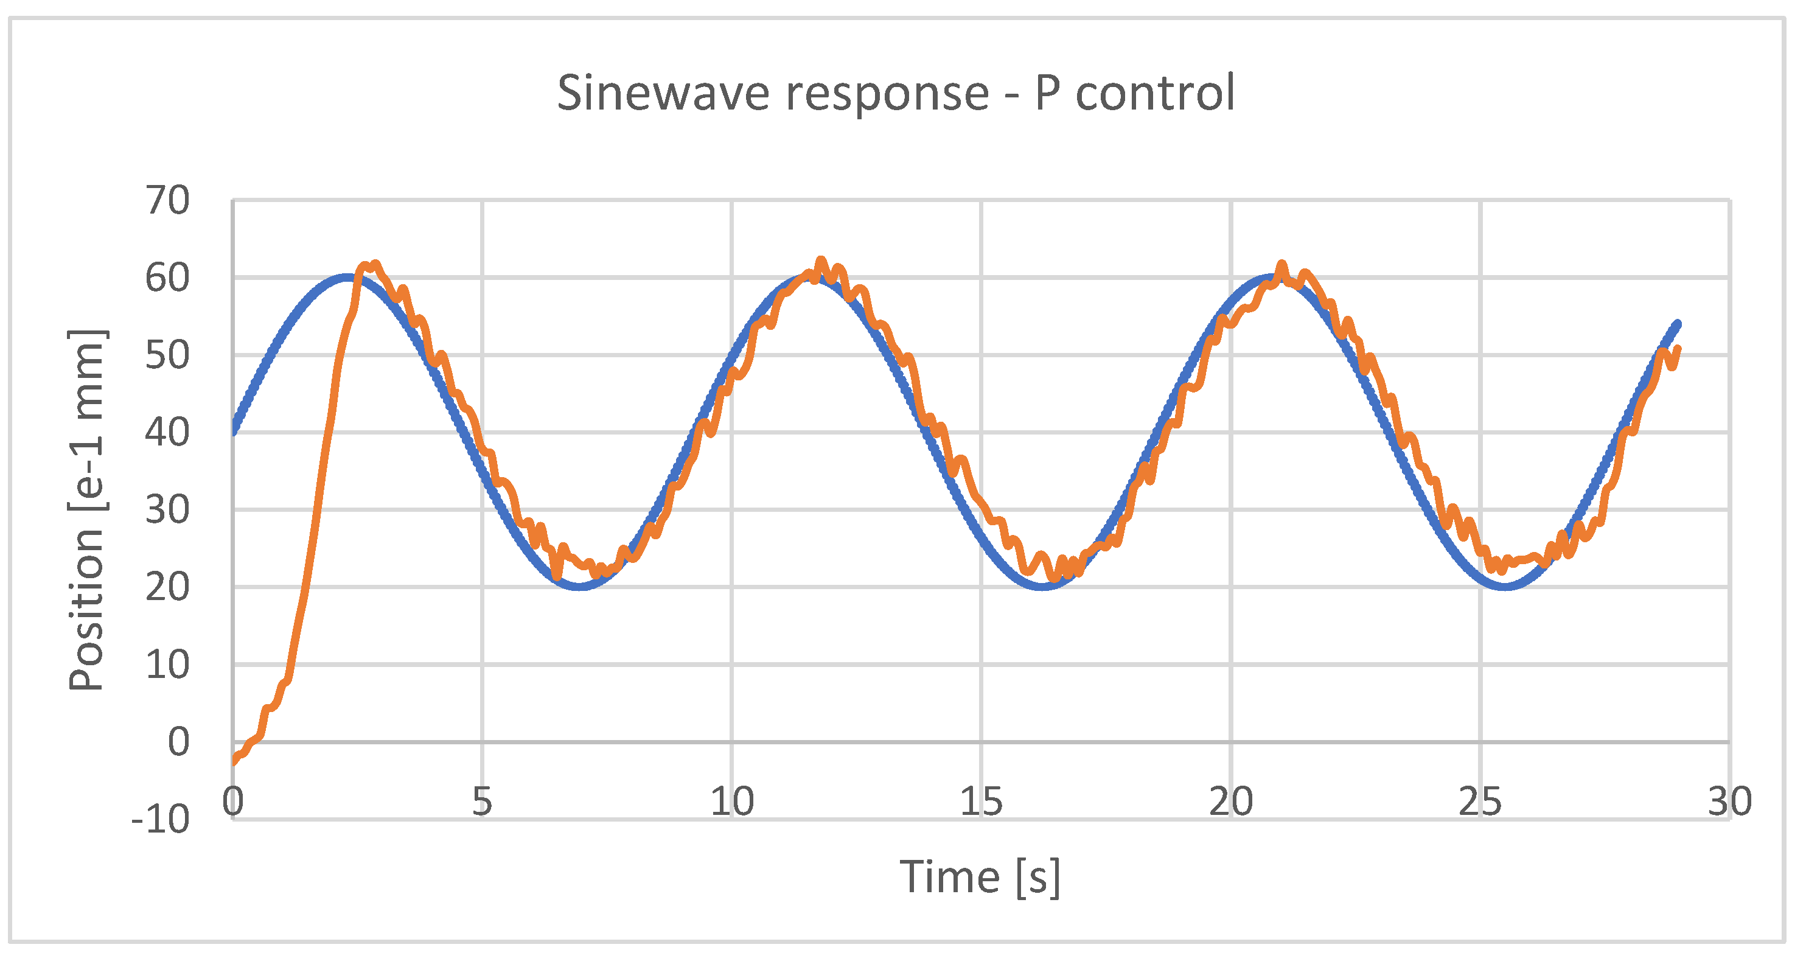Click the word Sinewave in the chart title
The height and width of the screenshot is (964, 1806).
[663, 93]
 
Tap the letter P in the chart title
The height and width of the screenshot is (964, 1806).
[1047, 93]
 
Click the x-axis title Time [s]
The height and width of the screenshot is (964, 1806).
[980, 877]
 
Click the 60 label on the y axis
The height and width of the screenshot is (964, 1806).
[167, 278]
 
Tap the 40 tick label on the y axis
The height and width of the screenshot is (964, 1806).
[167, 432]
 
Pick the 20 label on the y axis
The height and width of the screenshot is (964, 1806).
[167, 587]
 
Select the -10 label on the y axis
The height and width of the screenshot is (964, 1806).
[161, 819]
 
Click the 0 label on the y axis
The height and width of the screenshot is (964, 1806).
[179, 741]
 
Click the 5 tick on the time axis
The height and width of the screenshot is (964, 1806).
[482, 802]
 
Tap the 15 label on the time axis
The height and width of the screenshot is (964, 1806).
[981, 802]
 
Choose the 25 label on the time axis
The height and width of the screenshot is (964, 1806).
[1480, 802]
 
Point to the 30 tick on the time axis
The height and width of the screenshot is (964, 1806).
[1729, 802]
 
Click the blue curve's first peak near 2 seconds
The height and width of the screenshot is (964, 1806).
[347, 277]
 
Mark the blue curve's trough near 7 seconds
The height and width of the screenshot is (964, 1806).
[580, 586]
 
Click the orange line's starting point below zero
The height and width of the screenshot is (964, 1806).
[234, 761]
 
